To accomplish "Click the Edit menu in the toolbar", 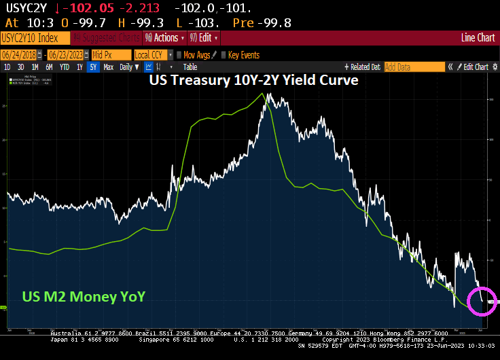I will tap(205, 38).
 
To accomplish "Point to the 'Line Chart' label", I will tap(478, 38).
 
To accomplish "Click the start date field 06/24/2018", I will tap(19, 55).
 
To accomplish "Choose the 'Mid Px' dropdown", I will tap(111, 55).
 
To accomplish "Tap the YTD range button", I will tap(64, 67).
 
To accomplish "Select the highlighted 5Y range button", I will tap(93, 67).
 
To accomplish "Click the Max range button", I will tap(108, 67).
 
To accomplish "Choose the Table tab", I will tap(190, 67).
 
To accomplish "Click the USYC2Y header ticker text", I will tap(26, 8).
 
